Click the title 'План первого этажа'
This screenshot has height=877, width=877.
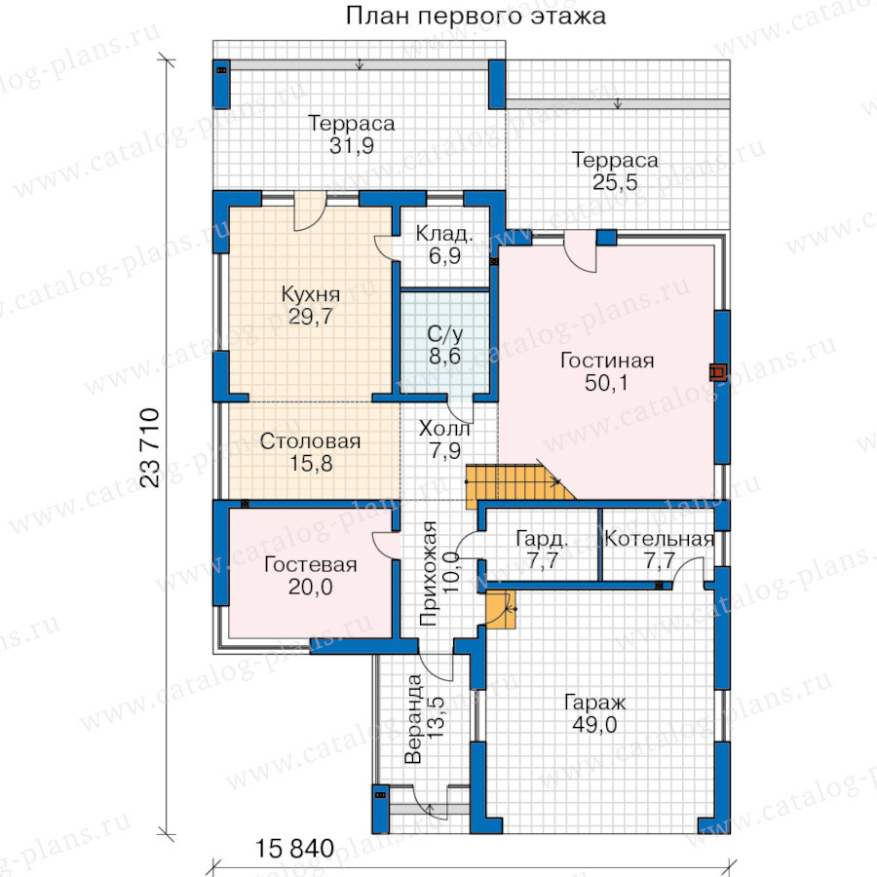point(476,16)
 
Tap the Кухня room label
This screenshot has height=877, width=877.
point(311,294)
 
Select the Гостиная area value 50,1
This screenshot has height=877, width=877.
point(606,383)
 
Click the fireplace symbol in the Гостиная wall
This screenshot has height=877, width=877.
point(718,372)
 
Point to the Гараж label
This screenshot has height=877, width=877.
point(594,703)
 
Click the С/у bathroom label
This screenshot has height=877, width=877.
point(444,334)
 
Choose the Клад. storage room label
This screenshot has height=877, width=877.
point(444,234)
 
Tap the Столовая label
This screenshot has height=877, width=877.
point(311,441)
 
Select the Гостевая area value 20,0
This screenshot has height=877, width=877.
point(311,587)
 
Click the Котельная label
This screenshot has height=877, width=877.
point(660,539)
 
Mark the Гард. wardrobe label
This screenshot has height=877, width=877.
point(542,539)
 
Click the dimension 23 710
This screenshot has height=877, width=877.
point(150,448)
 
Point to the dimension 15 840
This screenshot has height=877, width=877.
point(294,849)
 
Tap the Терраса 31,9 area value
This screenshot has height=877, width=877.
point(351,146)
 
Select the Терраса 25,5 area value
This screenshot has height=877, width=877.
point(615,182)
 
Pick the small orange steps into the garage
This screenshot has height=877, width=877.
point(500,610)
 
